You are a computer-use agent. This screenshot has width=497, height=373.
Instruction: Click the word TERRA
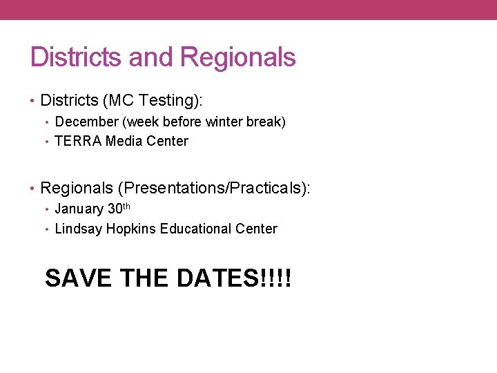[77, 142]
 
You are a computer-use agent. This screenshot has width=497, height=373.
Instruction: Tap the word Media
[124, 142]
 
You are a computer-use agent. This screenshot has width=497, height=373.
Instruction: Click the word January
[79, 209]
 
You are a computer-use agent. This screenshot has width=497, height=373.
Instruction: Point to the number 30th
[118, 209]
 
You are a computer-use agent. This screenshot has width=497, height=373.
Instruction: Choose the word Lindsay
[78, 229]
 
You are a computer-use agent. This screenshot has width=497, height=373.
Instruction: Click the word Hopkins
[130, 229]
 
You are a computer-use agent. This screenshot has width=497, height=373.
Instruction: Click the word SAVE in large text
[78, 278]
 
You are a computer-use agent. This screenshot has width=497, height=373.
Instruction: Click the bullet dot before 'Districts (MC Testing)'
[33, 101]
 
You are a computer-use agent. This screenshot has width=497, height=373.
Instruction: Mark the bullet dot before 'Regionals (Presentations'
[33, 188]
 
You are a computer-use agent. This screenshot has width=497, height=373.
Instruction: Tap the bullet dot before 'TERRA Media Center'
[48, 142]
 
